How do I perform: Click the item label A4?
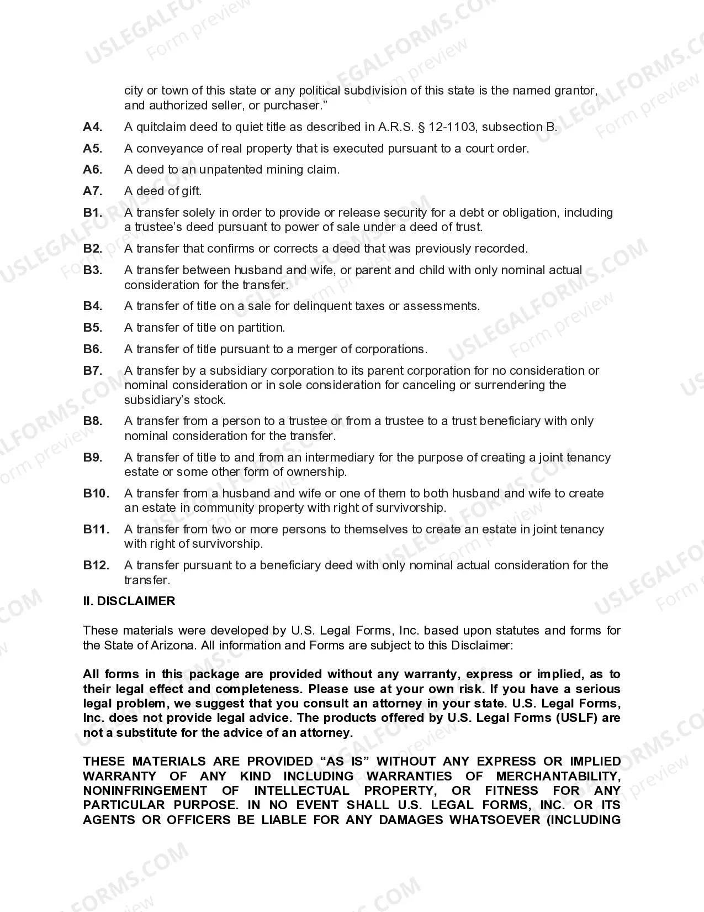click(x=93, y=127)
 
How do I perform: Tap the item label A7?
click(x=93, y=191)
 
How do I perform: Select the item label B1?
click(x=93, y=213)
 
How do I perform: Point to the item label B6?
click(x=93, y=349)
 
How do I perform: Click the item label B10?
click(x=96, y=494)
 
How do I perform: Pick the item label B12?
click(x=96, y=565)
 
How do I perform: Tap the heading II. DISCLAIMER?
click(x=129, y=601)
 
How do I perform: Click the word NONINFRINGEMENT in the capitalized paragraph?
click(x=145, y=791)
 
